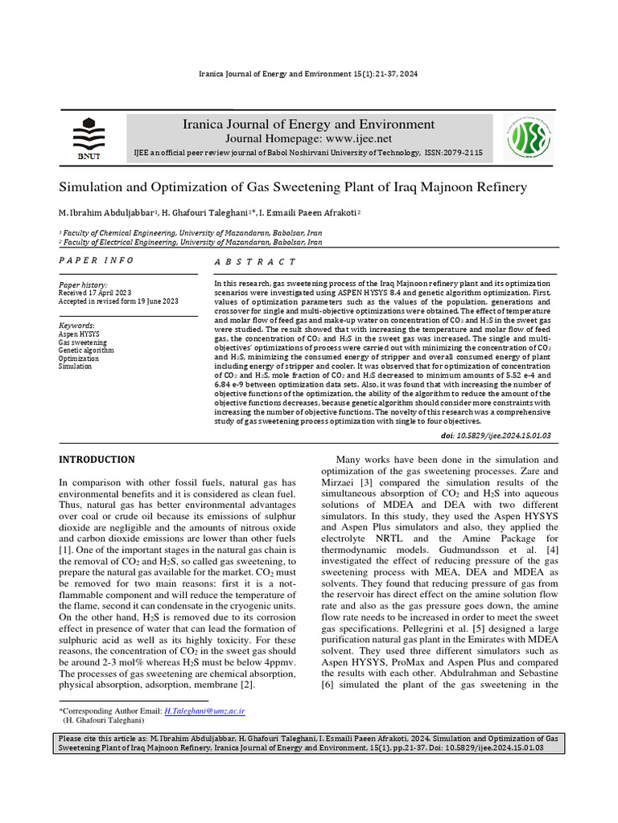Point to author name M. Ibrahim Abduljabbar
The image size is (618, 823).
(105, 213)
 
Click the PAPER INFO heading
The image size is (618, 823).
(97, 261)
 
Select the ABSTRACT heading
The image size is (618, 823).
(255, 262)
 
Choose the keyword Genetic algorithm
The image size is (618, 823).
(86, 350)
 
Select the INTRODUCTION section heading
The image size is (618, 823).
(97, 460)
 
